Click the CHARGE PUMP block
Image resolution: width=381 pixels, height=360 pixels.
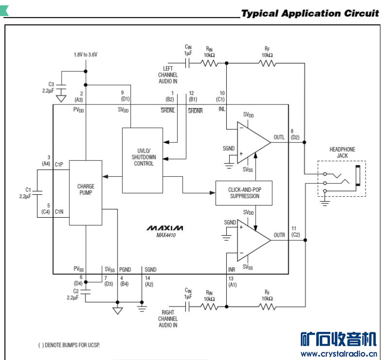[85, 192]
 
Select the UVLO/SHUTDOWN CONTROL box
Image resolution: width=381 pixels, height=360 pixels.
[143, 160]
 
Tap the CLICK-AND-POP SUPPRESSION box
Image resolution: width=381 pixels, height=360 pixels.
[244, 193]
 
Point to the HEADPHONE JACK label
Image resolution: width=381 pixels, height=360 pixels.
[342, 153]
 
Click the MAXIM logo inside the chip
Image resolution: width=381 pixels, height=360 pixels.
[166, 228]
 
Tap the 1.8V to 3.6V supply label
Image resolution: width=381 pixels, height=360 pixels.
[85, 55]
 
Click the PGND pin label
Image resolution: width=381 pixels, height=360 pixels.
[125, 269]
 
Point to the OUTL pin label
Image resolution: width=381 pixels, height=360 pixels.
[279, 137]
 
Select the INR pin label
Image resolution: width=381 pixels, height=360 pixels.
[232, 269]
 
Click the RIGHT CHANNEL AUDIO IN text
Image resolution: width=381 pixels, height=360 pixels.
[167, 319]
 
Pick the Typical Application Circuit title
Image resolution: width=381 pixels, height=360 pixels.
[310, 13]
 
